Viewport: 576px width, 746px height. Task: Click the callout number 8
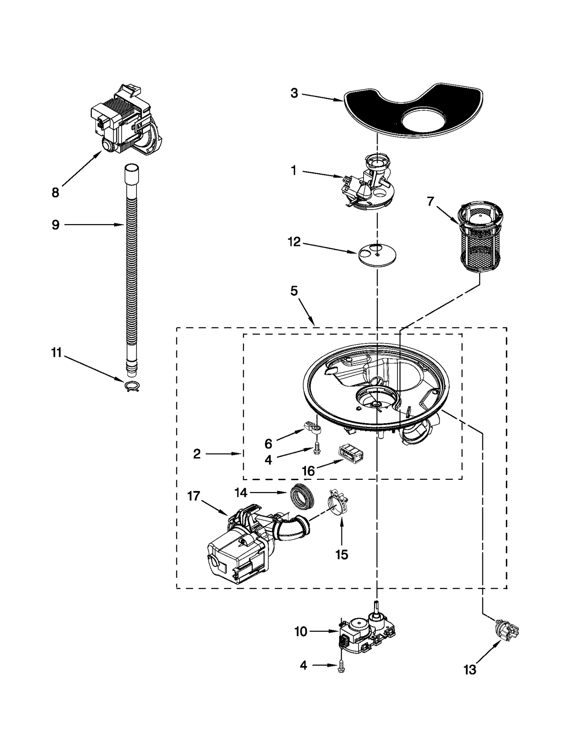coord(55,193)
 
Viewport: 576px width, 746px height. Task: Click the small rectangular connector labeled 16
coord(350,455)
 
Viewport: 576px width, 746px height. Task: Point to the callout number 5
coord(294,291)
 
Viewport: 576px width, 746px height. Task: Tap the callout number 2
coord(197,454)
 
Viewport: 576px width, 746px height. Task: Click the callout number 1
coord(294,171)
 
